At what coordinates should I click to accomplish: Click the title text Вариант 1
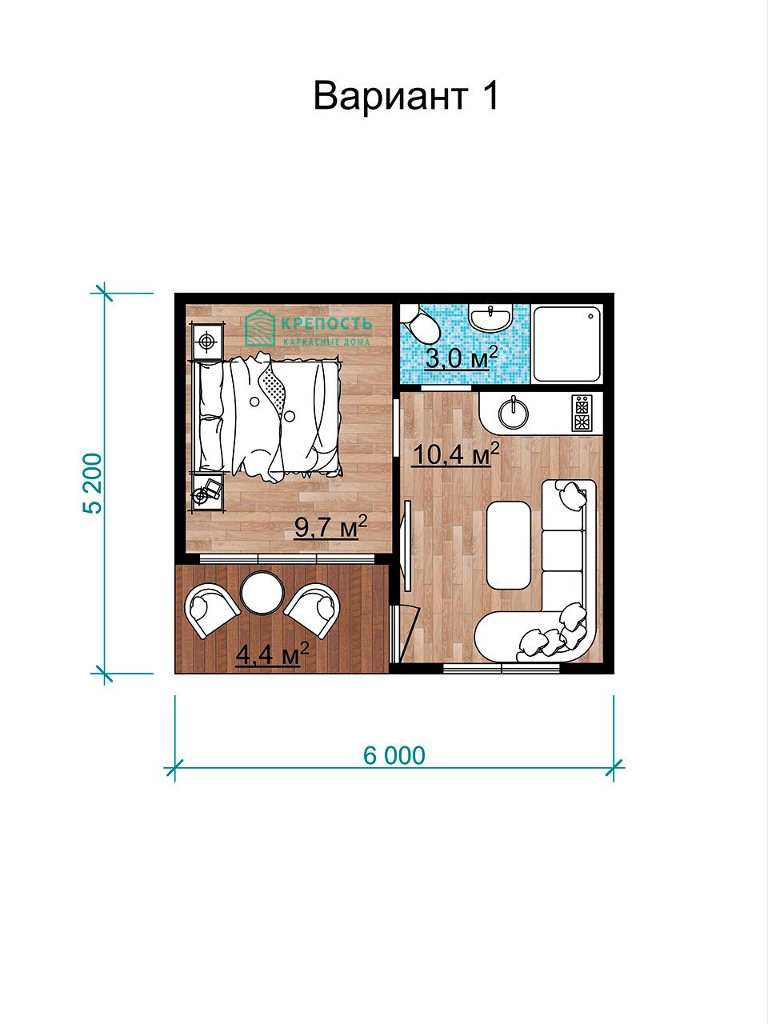406,96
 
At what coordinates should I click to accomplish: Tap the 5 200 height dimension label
94,483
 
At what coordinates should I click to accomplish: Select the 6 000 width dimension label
394,756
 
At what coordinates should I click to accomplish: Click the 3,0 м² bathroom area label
462,358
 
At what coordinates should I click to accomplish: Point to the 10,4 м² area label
456,454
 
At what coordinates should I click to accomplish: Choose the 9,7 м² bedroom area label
330,526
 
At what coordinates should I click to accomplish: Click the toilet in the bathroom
420,322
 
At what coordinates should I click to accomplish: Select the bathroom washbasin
490,318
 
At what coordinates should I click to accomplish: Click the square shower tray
566,344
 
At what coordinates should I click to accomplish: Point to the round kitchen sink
514,414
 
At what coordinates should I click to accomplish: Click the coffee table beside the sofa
509,546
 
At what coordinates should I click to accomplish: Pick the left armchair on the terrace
211,610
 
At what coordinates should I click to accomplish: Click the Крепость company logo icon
260,328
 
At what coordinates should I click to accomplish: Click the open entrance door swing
405,633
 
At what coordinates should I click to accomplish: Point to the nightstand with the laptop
207,493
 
